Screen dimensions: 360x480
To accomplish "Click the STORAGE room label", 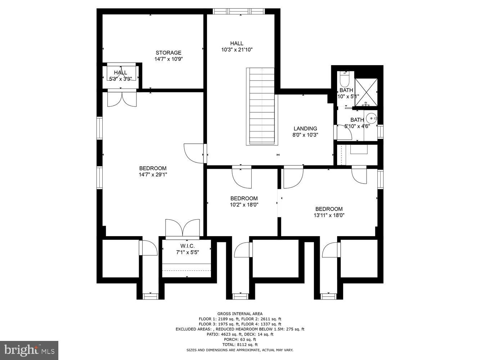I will coord(168,53).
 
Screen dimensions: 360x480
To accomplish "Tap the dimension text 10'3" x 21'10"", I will coord(237,50).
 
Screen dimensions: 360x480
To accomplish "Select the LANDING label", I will coord(305,129).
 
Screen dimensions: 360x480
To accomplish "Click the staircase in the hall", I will coord(262,106).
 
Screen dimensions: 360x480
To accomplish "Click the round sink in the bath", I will coord(371,118).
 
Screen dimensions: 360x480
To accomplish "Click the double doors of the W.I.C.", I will coord(183,228).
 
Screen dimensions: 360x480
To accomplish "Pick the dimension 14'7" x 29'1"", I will coord(153,175).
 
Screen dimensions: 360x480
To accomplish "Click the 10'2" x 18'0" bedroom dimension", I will coord(244,205).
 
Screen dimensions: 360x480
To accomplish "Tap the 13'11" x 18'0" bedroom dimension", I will coord(329,215).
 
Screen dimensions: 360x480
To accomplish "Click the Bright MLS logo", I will coord(30,350).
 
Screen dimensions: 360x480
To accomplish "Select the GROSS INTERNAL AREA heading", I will coord(240,314).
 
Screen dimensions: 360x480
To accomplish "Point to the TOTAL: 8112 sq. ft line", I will coord(240,345).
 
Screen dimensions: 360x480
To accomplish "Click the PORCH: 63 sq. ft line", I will coord(240,339).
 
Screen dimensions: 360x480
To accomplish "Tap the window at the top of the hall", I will coord(239,11).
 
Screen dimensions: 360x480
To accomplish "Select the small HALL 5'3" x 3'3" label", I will coord(120,75).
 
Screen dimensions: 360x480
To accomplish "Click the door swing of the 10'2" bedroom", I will coord(242,177).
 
